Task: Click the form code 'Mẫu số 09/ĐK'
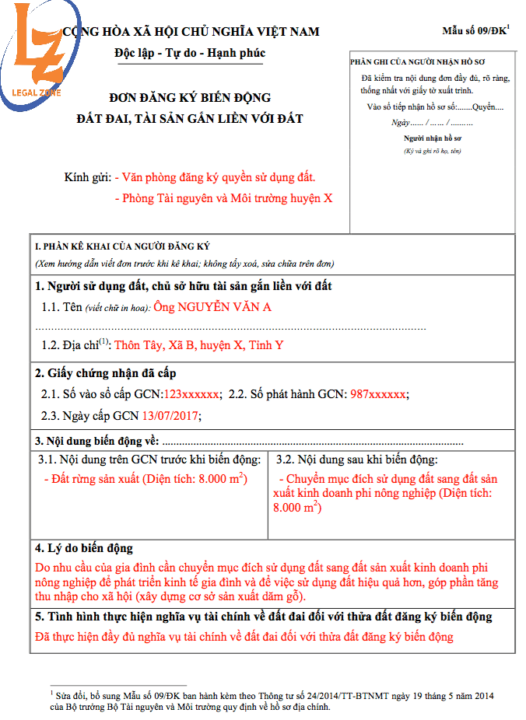[x=475, y=31]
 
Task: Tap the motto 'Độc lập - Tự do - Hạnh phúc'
[x=189, y=54]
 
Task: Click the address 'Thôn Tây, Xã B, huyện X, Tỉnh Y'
[x=199, y=345]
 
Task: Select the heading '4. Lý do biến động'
[x=84, y=548]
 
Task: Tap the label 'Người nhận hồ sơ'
[x=432, y=138]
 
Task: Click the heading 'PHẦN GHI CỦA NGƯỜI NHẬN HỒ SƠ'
[x=414, y=60]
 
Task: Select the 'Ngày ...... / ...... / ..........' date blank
[x=432, y=123]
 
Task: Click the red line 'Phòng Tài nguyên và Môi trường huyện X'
[x=227, y=198]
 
